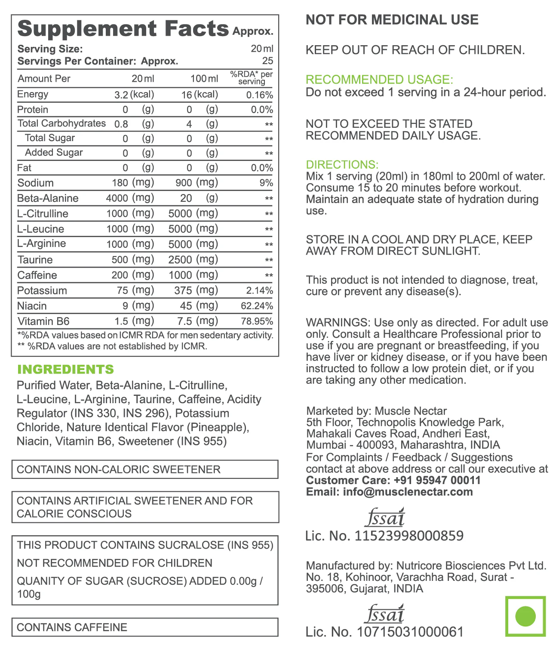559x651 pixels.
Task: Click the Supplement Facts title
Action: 123,29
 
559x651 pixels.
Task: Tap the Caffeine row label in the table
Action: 37,275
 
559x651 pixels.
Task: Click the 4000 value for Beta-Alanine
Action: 117,198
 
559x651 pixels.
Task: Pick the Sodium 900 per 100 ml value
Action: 184,183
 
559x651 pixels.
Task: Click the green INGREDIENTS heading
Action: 65,370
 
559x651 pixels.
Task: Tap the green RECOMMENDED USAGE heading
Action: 379,80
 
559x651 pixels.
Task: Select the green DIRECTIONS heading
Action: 342,165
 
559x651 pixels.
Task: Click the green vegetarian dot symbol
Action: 525,616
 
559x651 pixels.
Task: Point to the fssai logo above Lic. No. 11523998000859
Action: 385,518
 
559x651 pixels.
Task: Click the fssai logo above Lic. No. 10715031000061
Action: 385,614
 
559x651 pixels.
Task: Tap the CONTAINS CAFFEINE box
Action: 144,627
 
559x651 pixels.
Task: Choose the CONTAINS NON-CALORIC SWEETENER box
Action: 144,469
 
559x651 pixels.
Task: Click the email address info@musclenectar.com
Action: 408,492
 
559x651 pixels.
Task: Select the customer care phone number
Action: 437,480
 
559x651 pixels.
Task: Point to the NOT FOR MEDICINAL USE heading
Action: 392,20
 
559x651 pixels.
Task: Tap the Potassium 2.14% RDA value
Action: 259,290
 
